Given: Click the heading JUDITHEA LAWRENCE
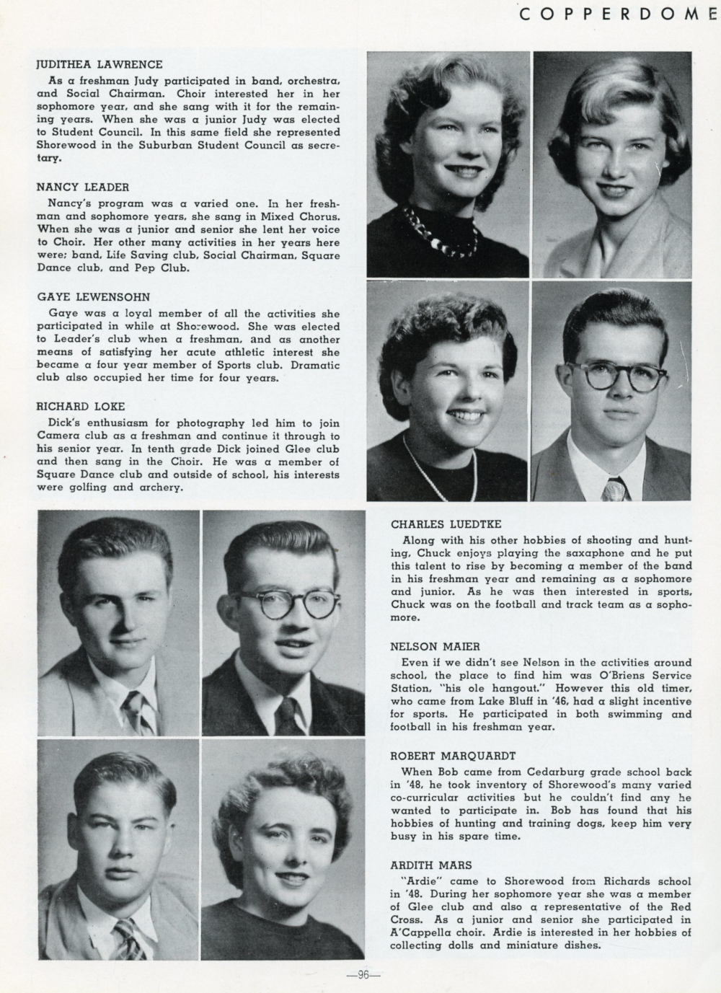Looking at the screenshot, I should pyautogui.click(x=99, y=64).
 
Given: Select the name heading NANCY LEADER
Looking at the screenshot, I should pyautogui.click(x=82, y=187).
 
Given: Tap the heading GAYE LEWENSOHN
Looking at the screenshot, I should pyautogui.click(x=93, y=296).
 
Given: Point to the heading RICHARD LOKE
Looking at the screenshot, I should pyautogui.click(x=81, y=406).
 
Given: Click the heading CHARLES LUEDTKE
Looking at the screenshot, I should pyautogui.click(x=446, y=524).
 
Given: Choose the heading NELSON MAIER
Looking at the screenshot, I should pyautogui.click(x=435, y=647).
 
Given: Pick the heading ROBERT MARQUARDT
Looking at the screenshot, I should pyautogui.click(x=453, y=756).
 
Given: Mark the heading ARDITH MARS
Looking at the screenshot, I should pyautogui.click(x=431, y=865).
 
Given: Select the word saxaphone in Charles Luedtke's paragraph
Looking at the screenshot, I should pyautogui.click(x=549, y=553).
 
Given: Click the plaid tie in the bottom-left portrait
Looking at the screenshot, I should pyautogui.click(x=128, y=937).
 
